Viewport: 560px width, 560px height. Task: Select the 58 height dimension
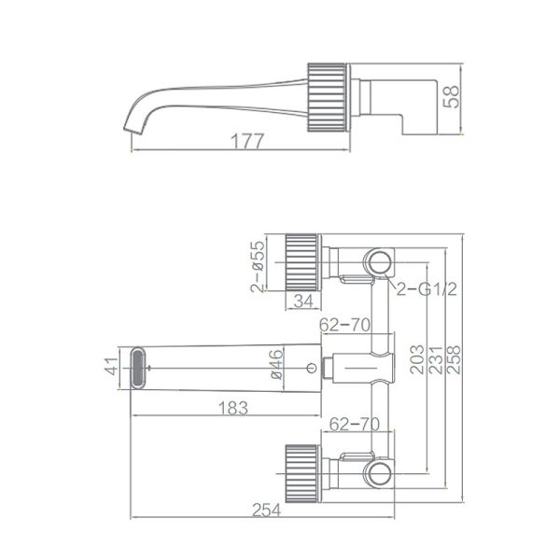point(454,96)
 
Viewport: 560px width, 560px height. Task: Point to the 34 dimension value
point(302,301)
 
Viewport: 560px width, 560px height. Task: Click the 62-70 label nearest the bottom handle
point(349,425)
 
